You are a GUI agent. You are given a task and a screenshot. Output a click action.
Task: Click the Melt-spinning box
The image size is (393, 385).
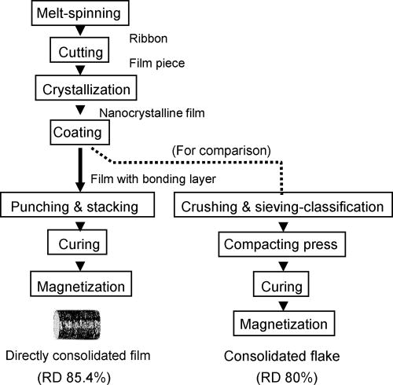[x=75, y=14]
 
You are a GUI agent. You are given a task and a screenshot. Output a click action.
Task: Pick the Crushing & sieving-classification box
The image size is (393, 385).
[x=281, y=207]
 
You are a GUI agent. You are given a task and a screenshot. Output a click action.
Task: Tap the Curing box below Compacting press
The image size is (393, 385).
[x=281, y=283]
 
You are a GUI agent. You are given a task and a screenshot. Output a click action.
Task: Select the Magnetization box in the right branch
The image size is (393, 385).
[x=281, y=321]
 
